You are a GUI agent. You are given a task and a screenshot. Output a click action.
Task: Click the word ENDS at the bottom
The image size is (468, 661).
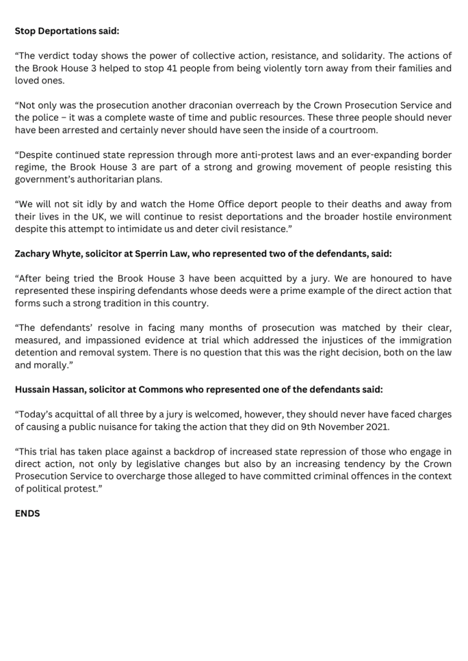pos(27,513)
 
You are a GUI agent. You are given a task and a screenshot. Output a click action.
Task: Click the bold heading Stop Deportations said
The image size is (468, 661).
pos(67,30)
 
